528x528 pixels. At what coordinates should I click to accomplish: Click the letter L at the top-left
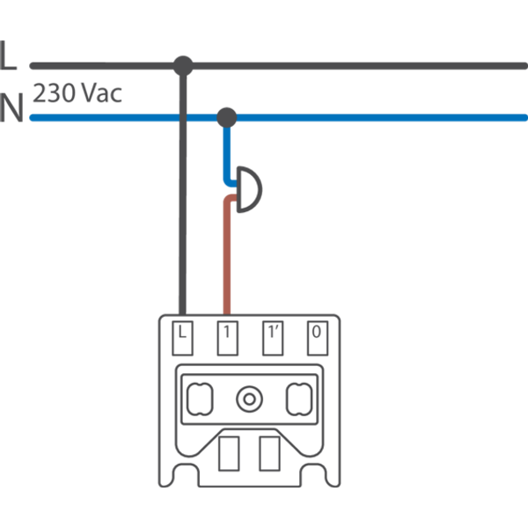[8, 57]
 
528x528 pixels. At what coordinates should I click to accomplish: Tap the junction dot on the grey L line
[183, 64]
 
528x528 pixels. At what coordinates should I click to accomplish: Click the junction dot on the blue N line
[227, 116]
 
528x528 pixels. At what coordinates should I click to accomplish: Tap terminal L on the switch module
[183, 335]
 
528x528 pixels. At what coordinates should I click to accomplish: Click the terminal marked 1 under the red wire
[227, 335]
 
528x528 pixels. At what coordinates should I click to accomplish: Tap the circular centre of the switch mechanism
[249, 399]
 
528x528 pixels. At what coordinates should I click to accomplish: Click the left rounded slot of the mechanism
[199, 399]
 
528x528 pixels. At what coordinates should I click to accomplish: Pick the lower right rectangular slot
[269, 451]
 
